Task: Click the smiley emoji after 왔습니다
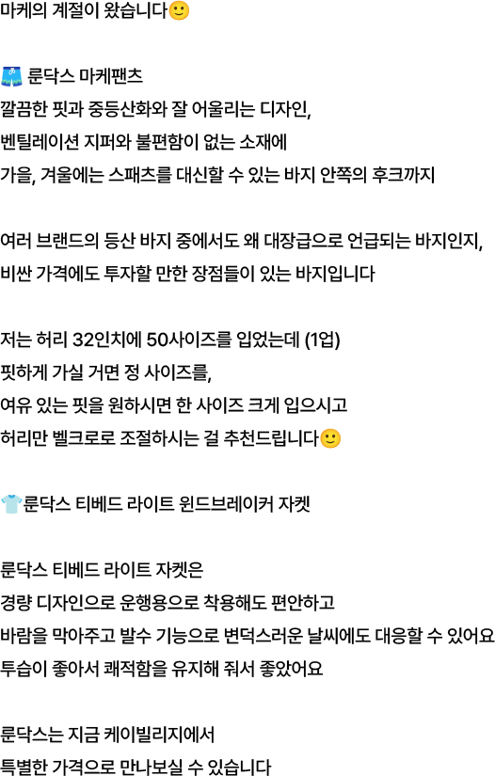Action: [179, 10]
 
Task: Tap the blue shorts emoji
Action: [11, 76]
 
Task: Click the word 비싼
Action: [16, 273]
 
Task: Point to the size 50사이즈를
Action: [189, 340]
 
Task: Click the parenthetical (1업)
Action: [322, 340]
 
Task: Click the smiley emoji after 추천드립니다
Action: [330, 438]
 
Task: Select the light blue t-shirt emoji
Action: [11, 504]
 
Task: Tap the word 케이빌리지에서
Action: [167, 735]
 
